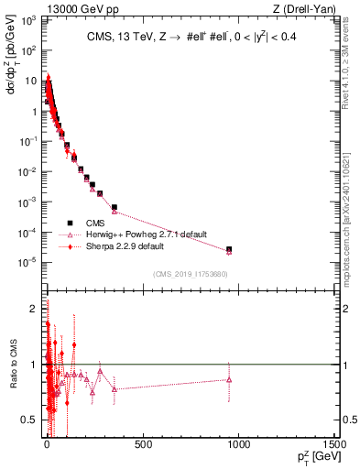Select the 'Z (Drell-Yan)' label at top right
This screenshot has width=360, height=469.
[308, 9]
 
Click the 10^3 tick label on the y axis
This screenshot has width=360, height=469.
[27, 20]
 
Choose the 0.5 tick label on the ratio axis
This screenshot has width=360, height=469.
[31, 420]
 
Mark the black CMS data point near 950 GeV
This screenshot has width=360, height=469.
[229, 249]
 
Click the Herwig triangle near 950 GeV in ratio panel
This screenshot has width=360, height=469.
[229, 378]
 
